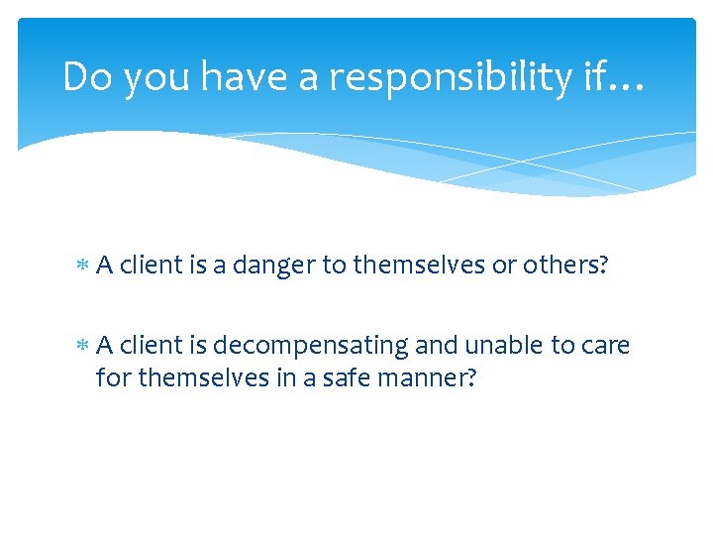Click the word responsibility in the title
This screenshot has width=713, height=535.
coord(452,77)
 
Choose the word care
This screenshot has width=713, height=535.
coord(606,346)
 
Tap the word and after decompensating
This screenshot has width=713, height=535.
coord(436,346)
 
